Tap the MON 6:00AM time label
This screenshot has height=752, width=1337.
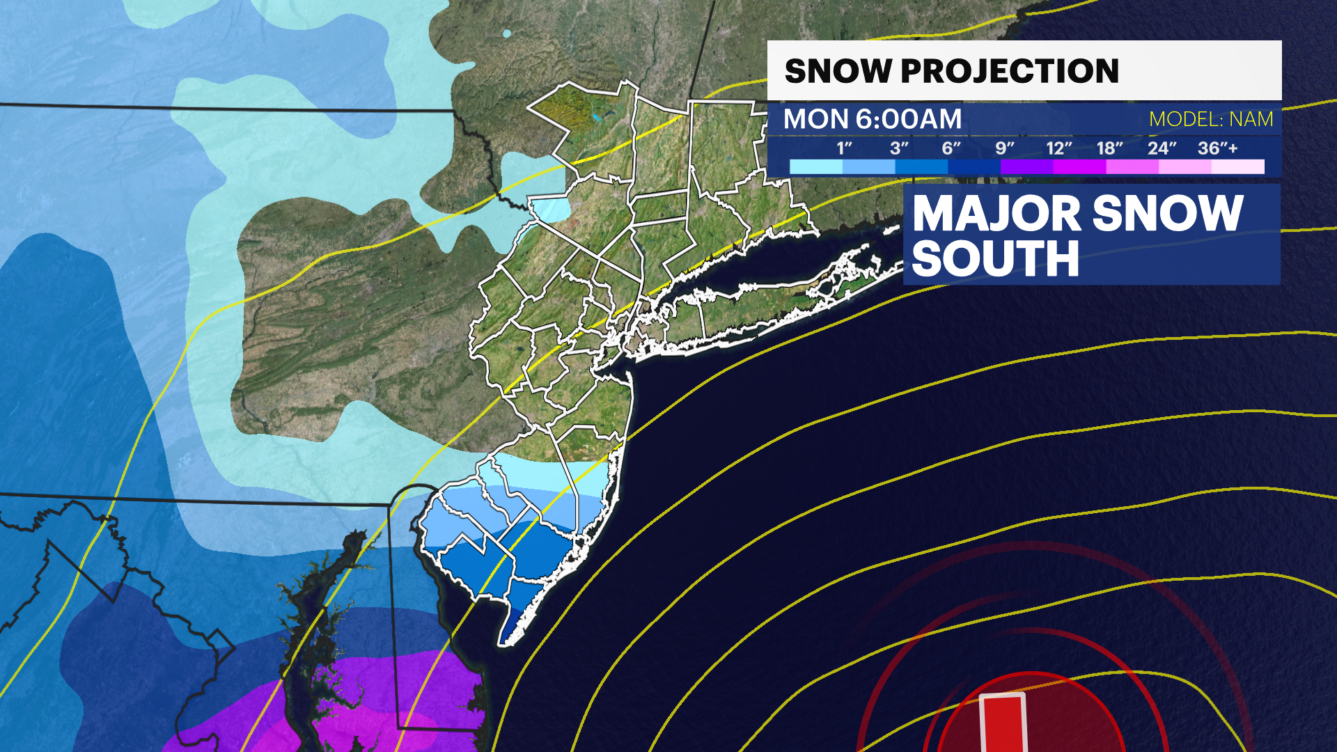(872, 120)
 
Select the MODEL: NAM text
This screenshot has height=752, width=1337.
(1211, 120)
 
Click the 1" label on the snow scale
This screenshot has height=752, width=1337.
(844, 148)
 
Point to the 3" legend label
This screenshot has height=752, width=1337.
(899, 148)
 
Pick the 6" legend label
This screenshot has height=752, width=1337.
(951, 148)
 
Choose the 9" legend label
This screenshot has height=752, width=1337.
(1004, 148)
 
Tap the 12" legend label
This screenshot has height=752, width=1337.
(1058, 148)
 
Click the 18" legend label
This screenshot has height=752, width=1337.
(1109, 148)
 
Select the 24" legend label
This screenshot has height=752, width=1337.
(1162, 148)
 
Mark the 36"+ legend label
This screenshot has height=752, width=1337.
(1217, 148)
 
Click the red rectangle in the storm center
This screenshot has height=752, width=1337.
(1003, 724)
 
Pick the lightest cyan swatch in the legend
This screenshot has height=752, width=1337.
(816, 167)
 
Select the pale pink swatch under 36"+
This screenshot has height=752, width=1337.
(1237, 167)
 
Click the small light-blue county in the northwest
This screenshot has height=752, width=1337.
(550, 208)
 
